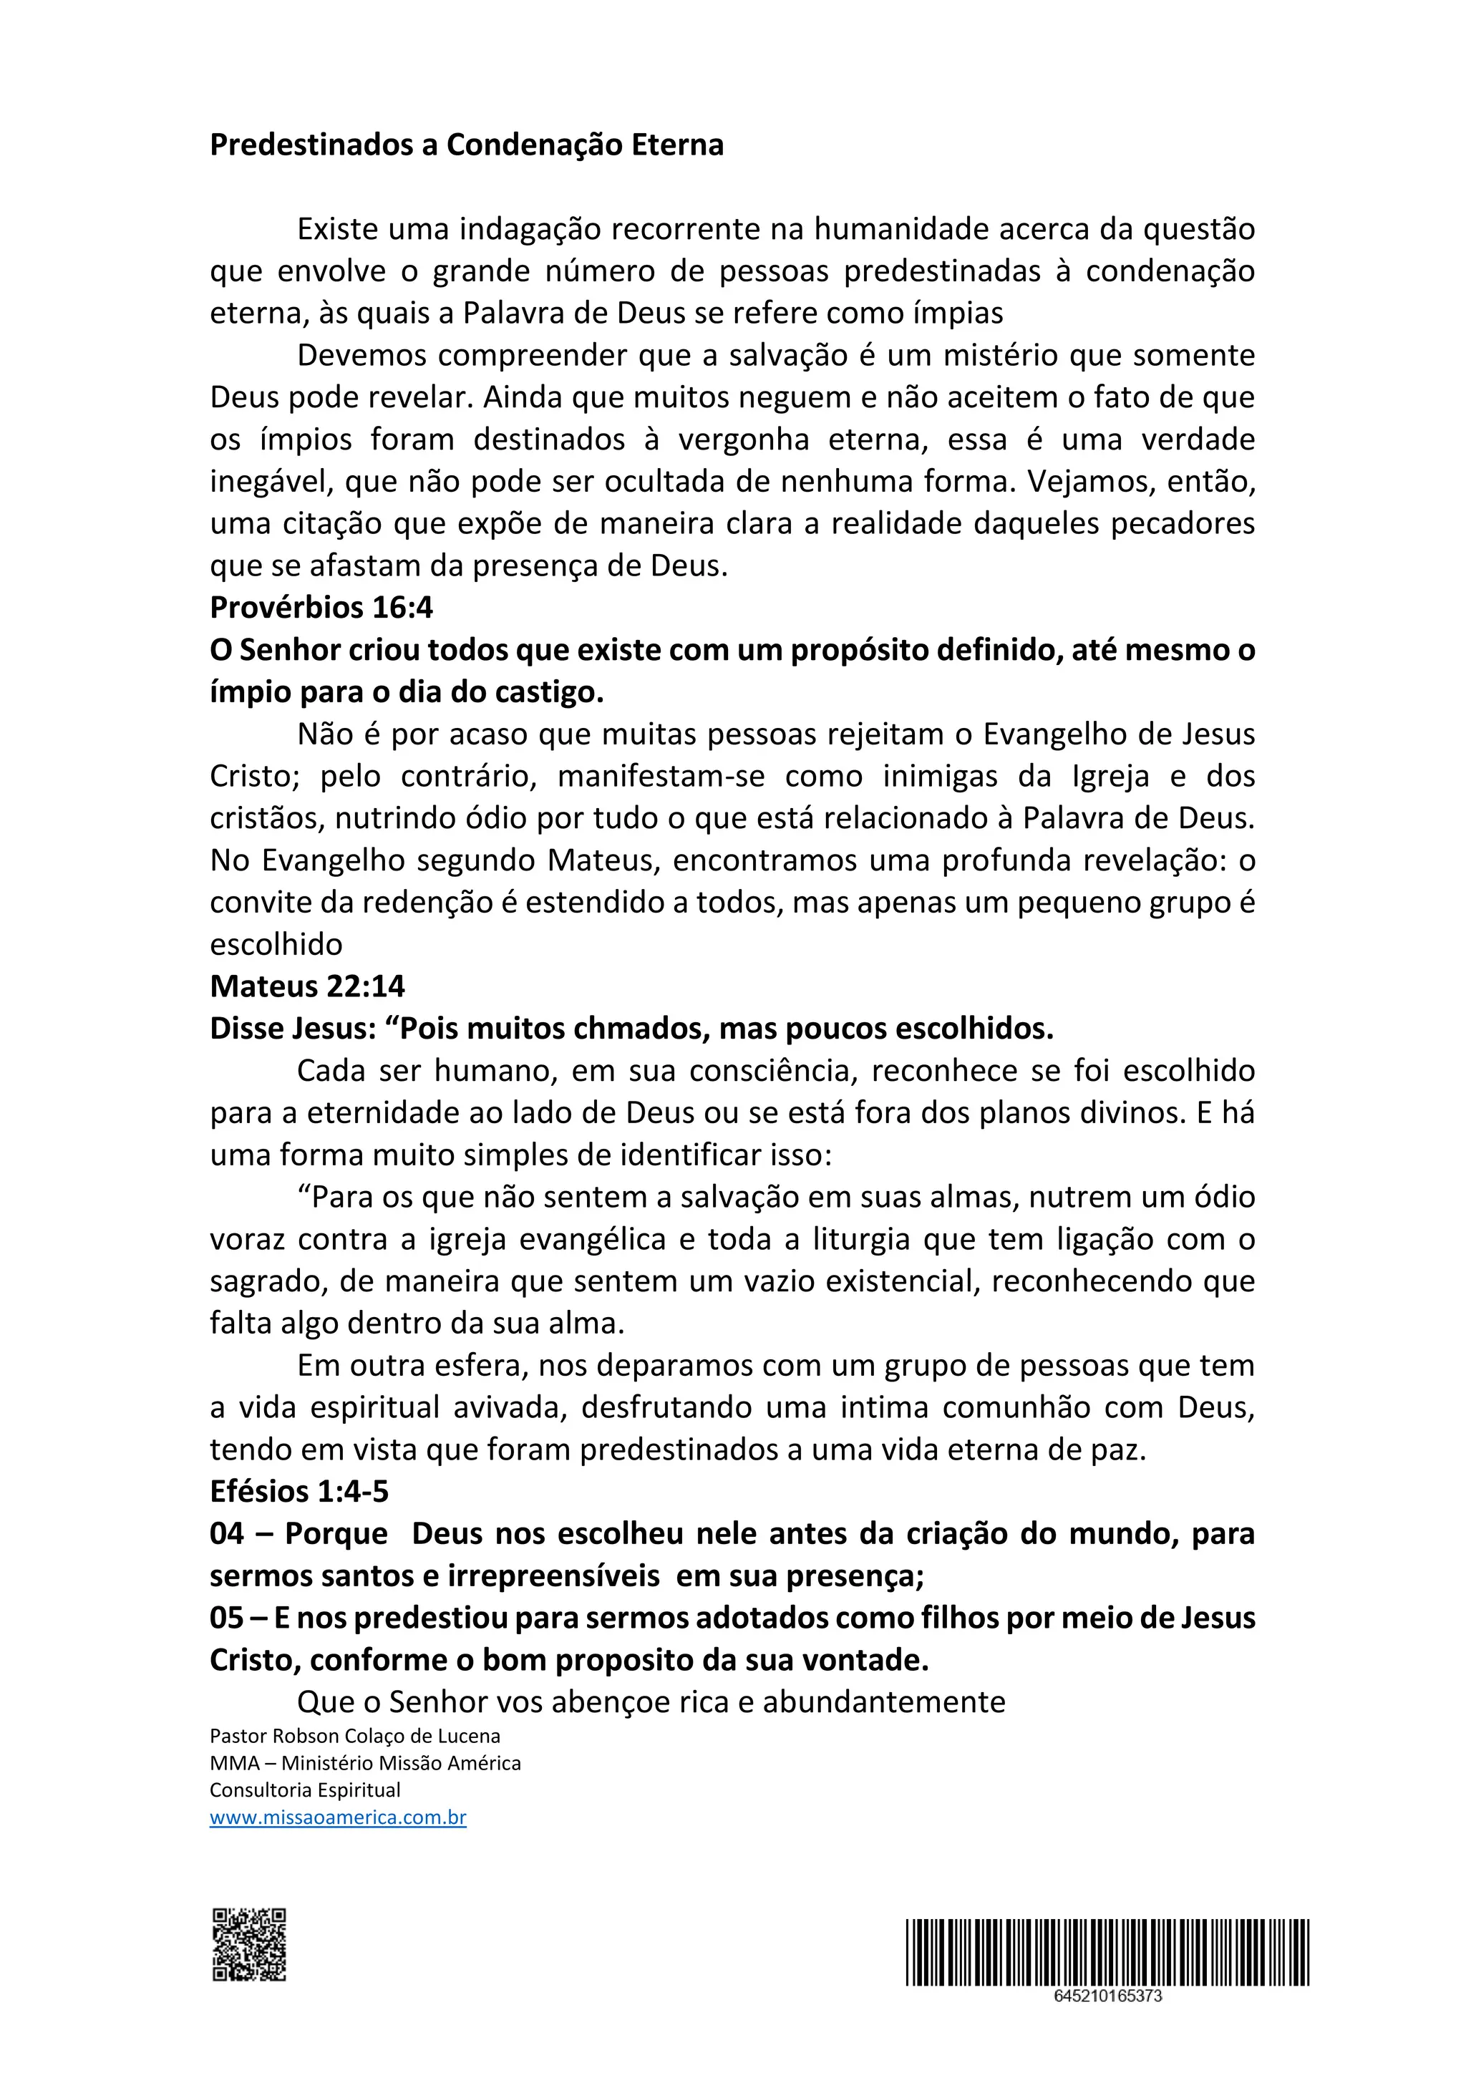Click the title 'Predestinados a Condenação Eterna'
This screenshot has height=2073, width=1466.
(x=466, y=145)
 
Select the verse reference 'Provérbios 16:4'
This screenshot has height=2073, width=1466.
(x=321, y=608)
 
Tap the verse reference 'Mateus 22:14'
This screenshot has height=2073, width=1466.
(x=307, y=986)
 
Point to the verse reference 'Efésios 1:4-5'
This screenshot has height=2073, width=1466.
(x=298, y=1490)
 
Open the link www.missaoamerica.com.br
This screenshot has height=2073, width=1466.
(x=338, y=1817)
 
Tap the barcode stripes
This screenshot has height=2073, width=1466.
(x=1107, y=1951)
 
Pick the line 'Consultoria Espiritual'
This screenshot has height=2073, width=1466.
(x=305, y=1790)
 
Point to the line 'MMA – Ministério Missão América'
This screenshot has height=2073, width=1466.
(x=364, y=1762)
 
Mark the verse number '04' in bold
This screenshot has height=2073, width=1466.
(x=227, y=1533)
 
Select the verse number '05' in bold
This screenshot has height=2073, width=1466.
(x=227, y=1617)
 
